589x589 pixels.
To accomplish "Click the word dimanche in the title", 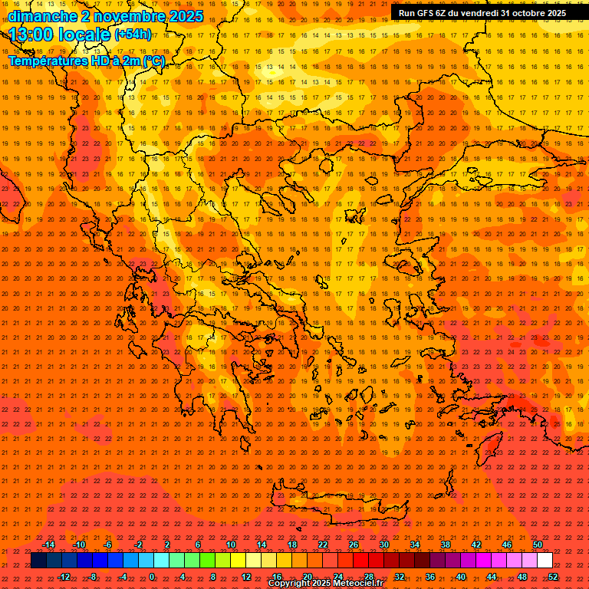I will coord(42,16).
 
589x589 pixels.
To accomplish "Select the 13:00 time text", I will coord(32,34).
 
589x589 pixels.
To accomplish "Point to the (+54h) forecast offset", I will coord(133,35).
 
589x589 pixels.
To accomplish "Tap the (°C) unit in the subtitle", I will coord(152,61).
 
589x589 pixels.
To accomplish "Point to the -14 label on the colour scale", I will coord(48,545).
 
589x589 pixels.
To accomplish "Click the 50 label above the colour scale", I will coord(538,545).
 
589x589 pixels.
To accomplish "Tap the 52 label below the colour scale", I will coord(553,577).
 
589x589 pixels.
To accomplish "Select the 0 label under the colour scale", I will coord(152,577).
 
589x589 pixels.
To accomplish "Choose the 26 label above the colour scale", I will coord(354,545).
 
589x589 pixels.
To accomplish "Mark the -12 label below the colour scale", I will coord(64,577).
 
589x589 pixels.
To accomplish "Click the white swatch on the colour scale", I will coord(545,561).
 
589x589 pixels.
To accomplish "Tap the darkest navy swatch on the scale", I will coord(38,561).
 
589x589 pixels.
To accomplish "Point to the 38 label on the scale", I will coord(446,545).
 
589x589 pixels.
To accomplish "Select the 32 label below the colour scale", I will coord(400,577).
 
